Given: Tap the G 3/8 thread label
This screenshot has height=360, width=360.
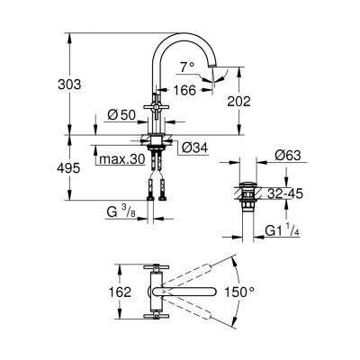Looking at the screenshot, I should click(117, 212).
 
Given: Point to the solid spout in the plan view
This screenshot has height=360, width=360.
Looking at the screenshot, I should click(189, 292).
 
